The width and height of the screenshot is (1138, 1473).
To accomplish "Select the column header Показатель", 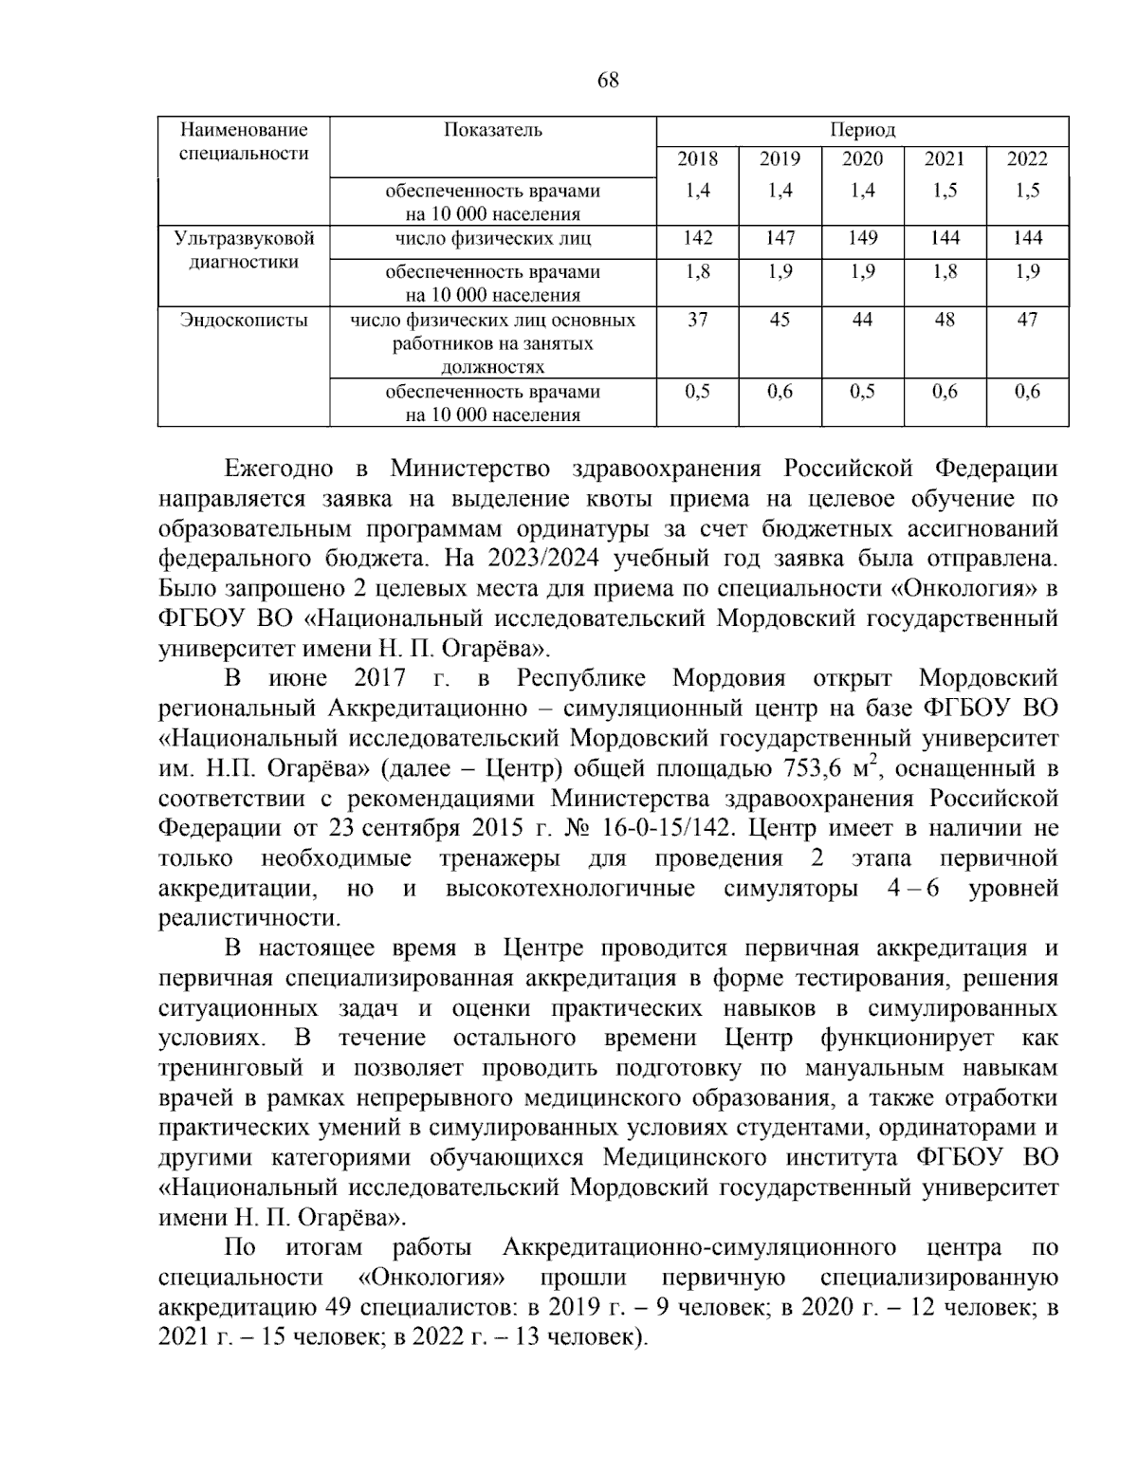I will [x=493, y=130].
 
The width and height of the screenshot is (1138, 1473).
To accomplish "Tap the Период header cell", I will [x=862, y=130].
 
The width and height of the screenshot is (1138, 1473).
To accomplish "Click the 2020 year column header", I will [x=862, y=159].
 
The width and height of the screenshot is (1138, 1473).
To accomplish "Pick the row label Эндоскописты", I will [x=244, y=321].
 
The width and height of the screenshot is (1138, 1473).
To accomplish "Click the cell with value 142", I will [x=697, y=238].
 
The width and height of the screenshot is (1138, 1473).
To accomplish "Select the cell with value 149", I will [x=862, y=238].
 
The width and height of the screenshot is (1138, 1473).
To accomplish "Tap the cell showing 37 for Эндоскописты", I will [x=697, y=321].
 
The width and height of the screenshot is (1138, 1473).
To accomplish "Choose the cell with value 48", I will [x=945, y=321].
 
